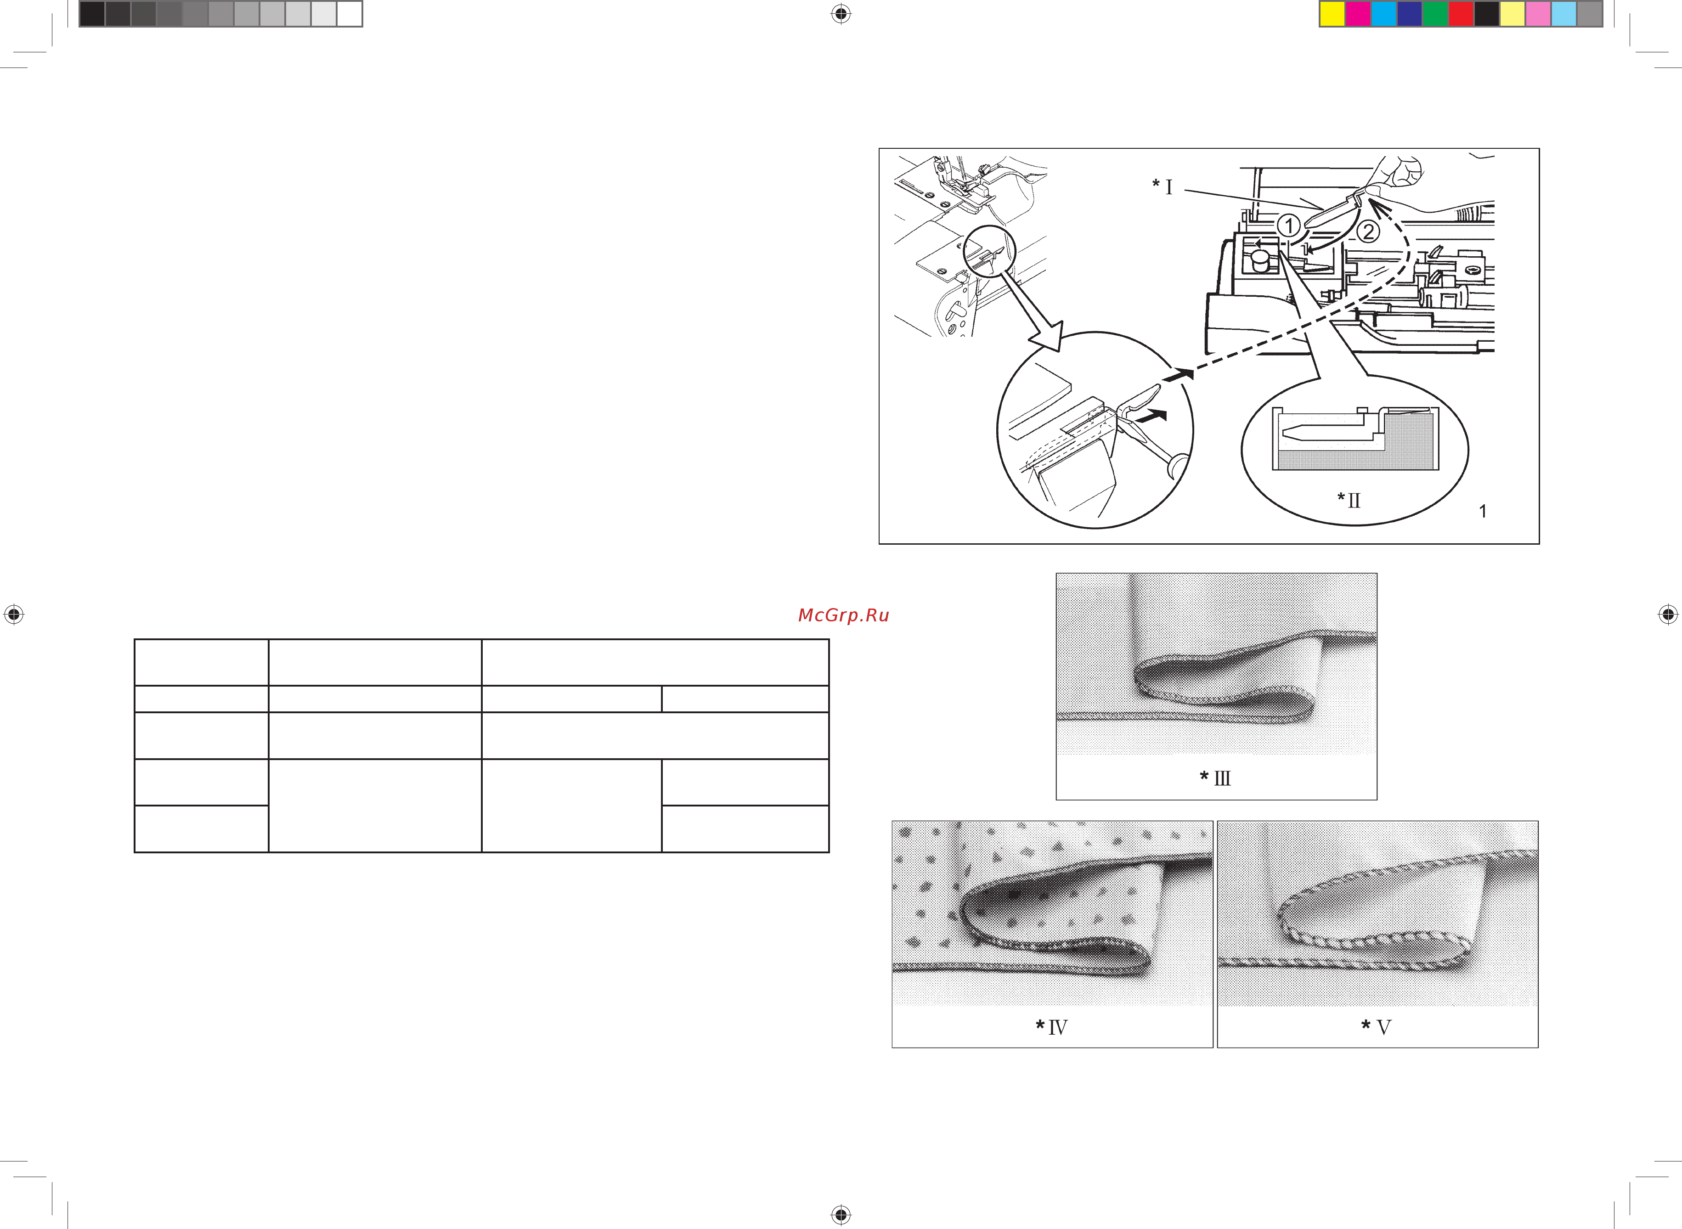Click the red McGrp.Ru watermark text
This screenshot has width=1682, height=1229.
pyautogui.click(x=844, y=615)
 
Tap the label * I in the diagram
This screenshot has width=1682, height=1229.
pyautogui.click(x=1162, y=186)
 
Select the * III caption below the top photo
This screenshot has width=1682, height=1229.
pyautogui.click(x=1215, y=778)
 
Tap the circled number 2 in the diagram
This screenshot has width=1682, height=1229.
pyautogui.click(x=1368, y=231)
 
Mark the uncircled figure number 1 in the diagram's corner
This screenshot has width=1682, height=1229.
pyautogui.click(x=1483, y=511)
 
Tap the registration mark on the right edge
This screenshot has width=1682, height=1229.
pyautogui.click(x=1668, y=614)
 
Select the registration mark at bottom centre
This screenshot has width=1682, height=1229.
pyautogui.click(x=841, y=1215)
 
